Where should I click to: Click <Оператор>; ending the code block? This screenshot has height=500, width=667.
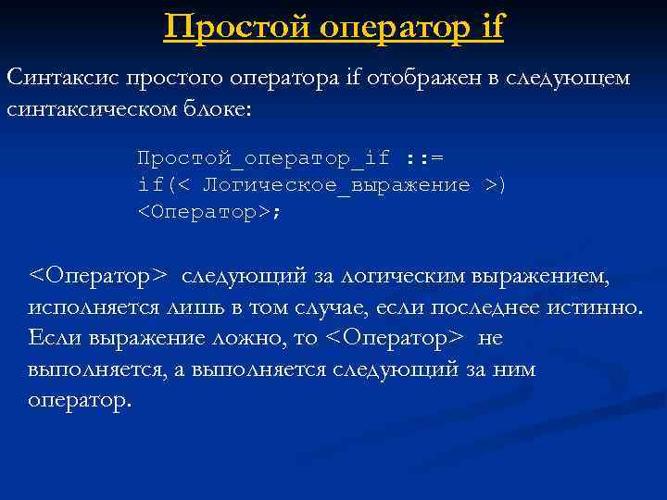(x=208, y=213)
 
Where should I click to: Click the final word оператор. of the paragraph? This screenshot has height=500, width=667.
(x=81, y=401)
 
